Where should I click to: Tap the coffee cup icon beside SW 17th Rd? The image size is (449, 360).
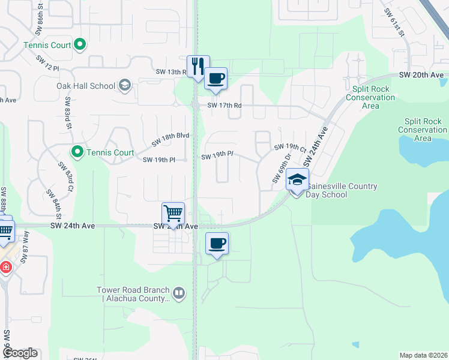tap(216, 78)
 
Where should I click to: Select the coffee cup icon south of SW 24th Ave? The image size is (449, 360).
tap(217, 244)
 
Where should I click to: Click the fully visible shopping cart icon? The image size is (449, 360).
tap(173, 214)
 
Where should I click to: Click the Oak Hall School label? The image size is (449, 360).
tap(86, 86)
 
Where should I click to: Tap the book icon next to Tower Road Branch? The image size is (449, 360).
tap(178, 293)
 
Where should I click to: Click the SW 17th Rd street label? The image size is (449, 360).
tap(224, 106)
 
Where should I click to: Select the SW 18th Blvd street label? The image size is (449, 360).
tap(170, 140)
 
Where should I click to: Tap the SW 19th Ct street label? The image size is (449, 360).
tap(291, 147)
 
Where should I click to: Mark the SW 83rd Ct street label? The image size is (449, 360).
tap(65, 173)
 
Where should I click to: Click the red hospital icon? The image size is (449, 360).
tap(5, 267)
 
